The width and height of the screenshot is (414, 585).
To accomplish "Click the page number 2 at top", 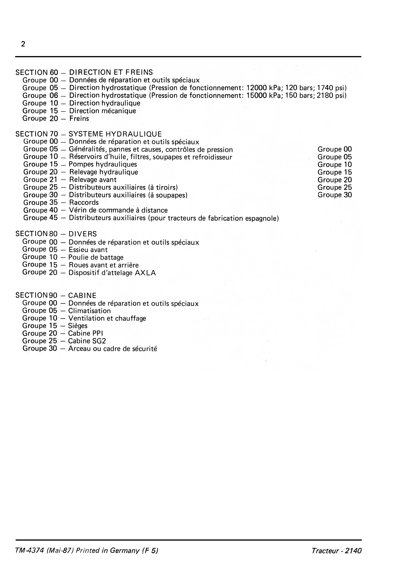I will [x=23, y=44].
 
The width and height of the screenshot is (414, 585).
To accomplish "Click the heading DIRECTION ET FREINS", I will [x=111, y=72].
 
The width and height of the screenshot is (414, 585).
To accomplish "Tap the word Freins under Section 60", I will [x=79, y=118].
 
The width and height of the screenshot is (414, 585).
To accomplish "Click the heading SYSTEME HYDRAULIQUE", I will [x=115, y=134].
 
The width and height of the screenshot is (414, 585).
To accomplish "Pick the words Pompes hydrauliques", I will [x=103, y=164].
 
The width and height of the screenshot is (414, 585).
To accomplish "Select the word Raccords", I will [x=84, y=203].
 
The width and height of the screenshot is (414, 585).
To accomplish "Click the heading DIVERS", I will [x=83, y=234].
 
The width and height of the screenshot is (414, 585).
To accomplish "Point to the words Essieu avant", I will [x=88, y=250].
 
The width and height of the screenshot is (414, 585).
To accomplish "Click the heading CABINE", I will [x=82, y=296].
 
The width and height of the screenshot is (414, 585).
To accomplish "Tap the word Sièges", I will [x=78, y=326].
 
